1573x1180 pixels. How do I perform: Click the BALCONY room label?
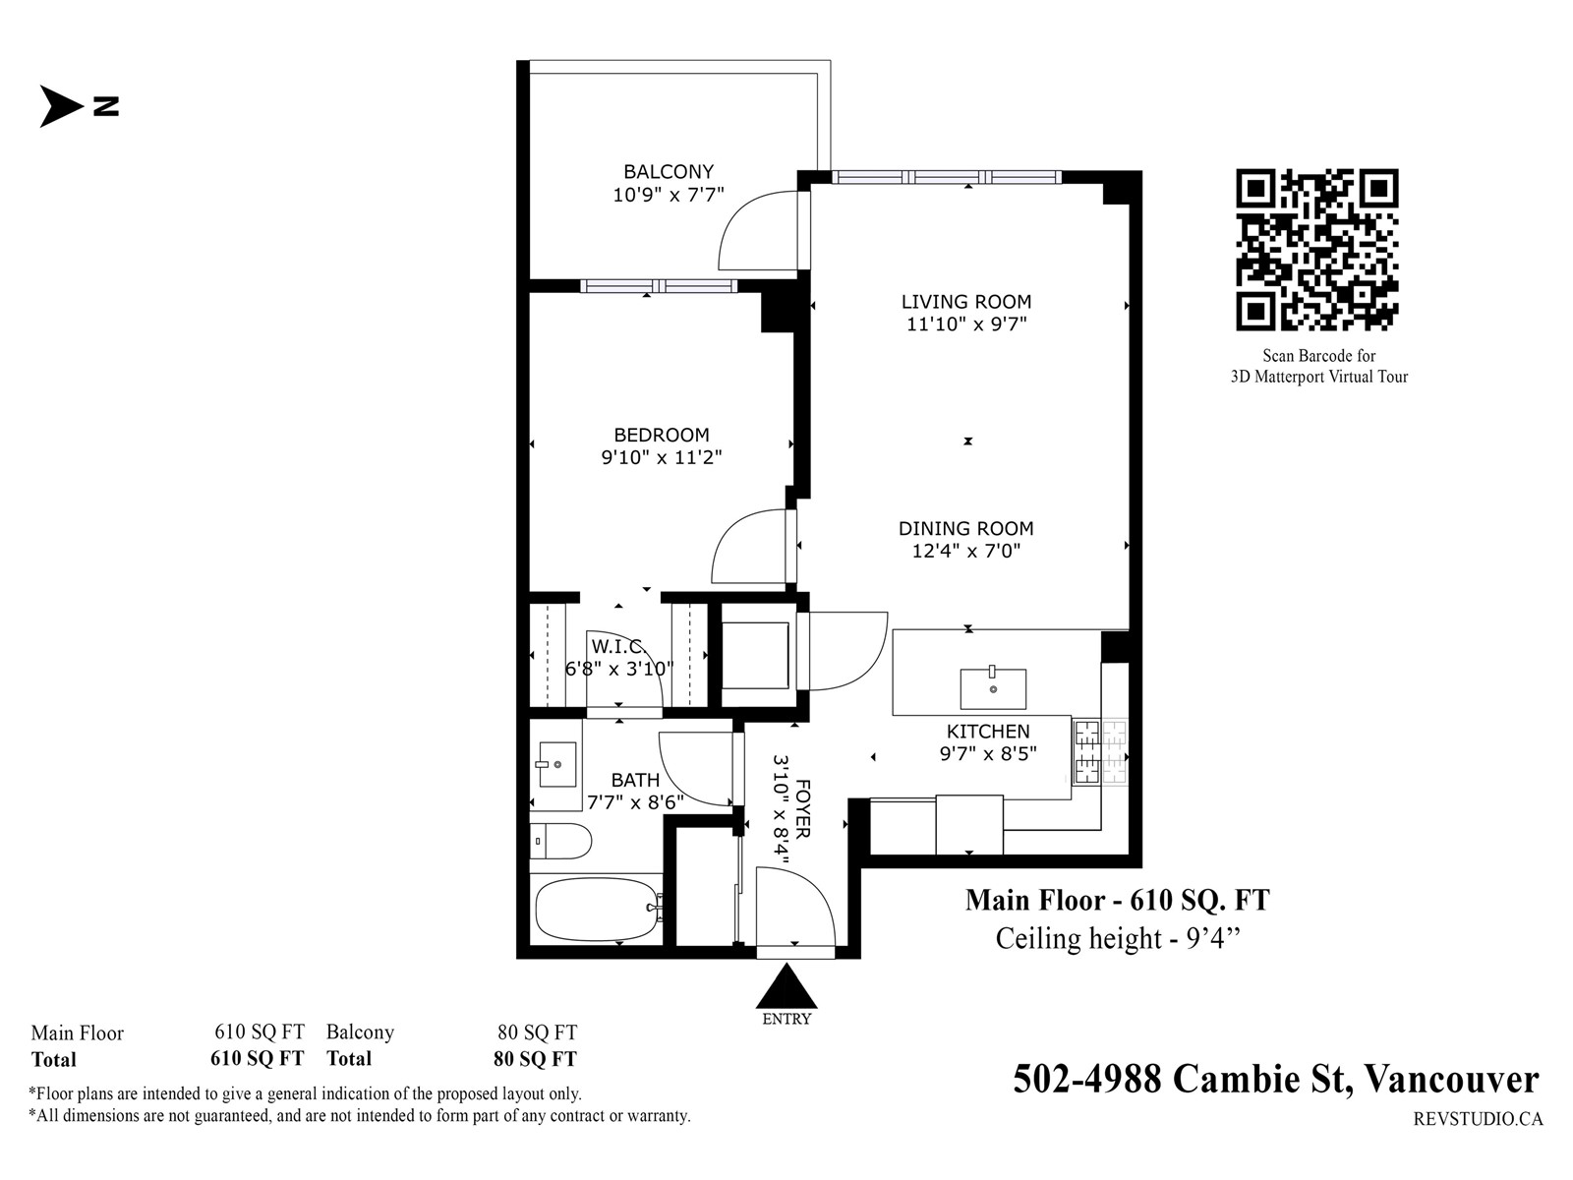pos(669,172)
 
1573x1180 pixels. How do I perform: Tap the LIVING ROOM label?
pos(966,302)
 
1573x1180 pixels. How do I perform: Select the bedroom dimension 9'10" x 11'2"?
pos(662,457)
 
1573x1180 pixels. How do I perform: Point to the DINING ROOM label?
pos(966,529)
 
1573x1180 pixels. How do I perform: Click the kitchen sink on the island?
pos(993,687)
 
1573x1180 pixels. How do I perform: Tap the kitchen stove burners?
pos(1099,751)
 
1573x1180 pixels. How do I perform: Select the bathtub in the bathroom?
pos(599,910)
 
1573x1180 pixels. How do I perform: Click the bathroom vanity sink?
pos(556,764)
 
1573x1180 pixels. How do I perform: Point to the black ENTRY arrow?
pos(786,988)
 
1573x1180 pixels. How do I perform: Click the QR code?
pos(1317,250)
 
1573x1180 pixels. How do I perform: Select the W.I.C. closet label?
pos(619,646)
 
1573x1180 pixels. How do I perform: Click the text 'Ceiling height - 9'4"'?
pos(1117,938)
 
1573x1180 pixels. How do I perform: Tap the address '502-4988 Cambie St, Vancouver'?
pos(1275,1079)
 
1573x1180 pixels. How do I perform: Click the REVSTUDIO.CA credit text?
pos(1478,1118)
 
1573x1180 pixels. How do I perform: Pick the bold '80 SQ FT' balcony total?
pos(535,1058)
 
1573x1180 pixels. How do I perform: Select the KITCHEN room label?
pos(988,732)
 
